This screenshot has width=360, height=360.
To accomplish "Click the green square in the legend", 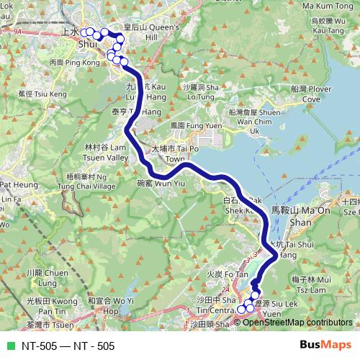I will click(x=9, y=346).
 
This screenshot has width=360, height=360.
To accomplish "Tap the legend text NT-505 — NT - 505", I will click(x=68, y=346).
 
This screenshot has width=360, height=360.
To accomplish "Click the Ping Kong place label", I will click(x=65, y=63).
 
